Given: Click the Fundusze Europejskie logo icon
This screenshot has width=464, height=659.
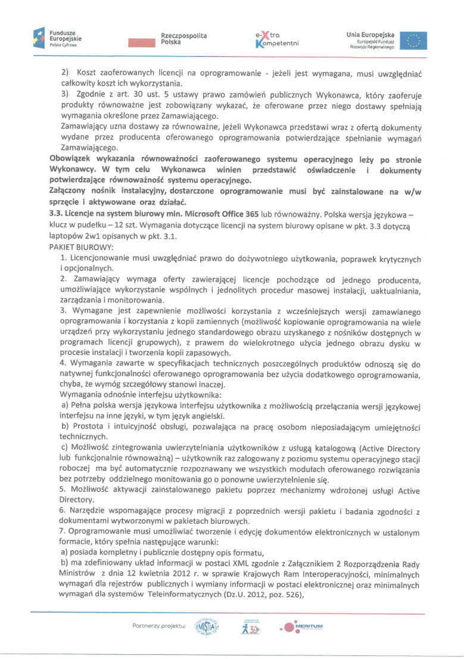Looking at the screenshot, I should click(x=41, y=39).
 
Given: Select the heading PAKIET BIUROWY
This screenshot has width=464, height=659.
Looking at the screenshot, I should click(x=79, y=245).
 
